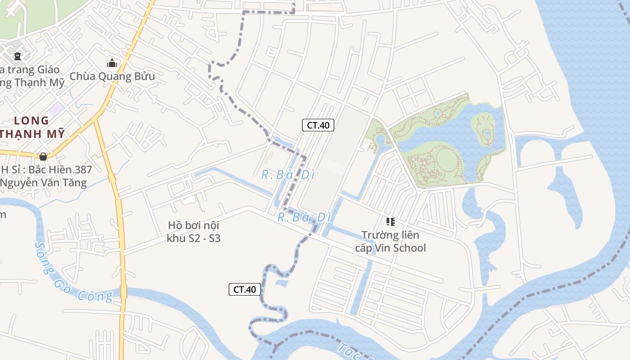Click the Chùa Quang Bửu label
112,76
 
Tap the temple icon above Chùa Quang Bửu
112,63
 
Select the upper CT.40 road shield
318,125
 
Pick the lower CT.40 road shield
245,289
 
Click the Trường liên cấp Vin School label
390,242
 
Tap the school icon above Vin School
390,221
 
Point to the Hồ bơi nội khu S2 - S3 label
193,232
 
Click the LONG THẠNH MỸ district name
31,127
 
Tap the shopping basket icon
43,157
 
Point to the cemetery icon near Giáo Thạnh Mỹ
17,56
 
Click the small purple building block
56,108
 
